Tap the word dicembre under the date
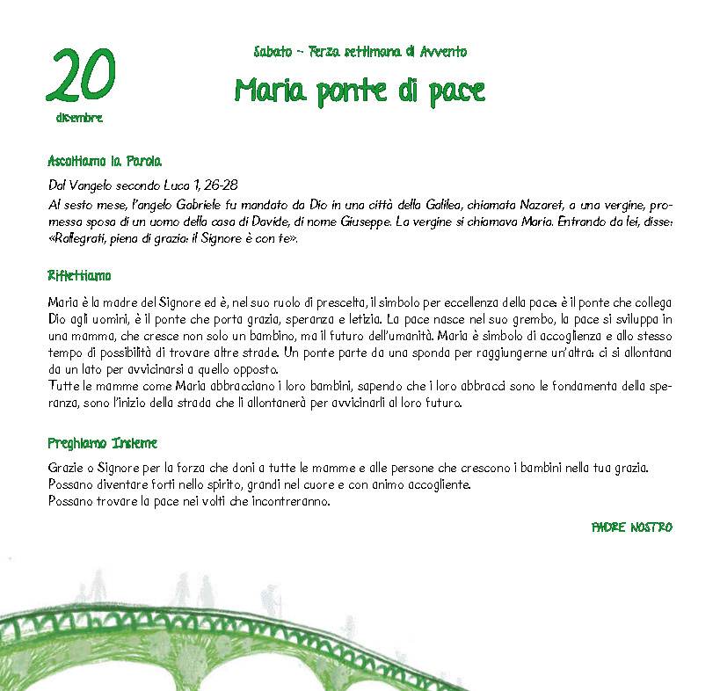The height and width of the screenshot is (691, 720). pos(79,117)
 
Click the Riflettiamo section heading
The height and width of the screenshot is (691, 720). pos(79,276)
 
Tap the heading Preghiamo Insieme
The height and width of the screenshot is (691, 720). pos(102,443)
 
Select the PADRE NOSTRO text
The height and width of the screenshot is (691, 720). pos(631,527)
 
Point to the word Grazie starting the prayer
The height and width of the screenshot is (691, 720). pos(67,469)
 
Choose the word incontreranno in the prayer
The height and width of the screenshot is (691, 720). pos(290,502)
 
